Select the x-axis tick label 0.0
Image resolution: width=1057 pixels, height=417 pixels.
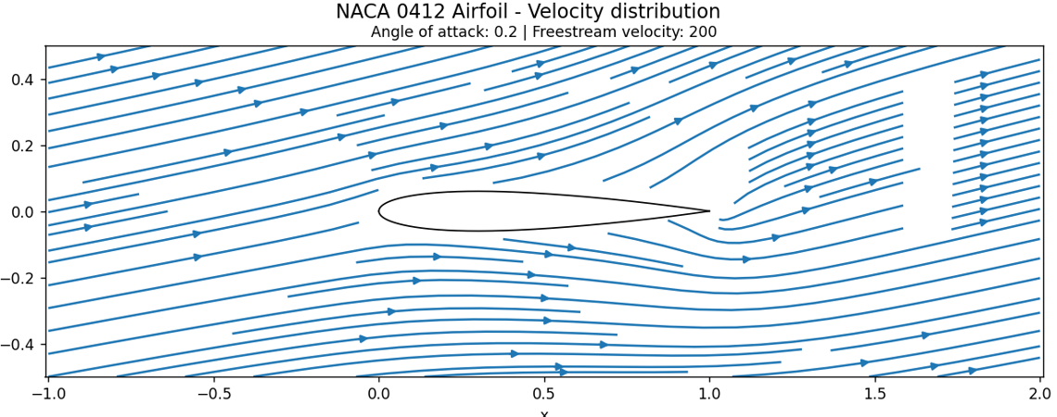[378, 394]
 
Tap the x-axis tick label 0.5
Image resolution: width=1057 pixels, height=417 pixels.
[544, 394]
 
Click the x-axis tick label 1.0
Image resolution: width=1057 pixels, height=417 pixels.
[709, 394]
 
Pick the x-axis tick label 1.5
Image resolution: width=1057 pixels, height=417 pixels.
[875, 394]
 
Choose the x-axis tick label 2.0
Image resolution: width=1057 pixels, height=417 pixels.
[1040, 394]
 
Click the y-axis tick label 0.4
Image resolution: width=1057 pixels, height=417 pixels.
[22, 80]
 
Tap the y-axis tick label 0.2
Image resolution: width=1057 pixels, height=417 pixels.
[22, 145]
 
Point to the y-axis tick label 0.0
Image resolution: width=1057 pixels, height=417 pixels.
[22, 212]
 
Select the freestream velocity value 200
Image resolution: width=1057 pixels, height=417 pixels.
[702, 32]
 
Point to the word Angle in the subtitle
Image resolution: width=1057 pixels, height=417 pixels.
[392, 32]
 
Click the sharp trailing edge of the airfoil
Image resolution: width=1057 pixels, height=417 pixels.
[708, 211]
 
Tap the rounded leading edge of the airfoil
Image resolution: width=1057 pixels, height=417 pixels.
[379, 211]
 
